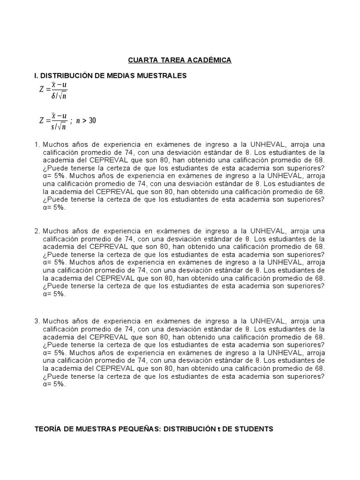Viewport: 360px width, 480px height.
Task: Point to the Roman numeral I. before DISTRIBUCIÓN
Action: coord(37,75)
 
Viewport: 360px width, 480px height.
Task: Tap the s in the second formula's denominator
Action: coord(53,127)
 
